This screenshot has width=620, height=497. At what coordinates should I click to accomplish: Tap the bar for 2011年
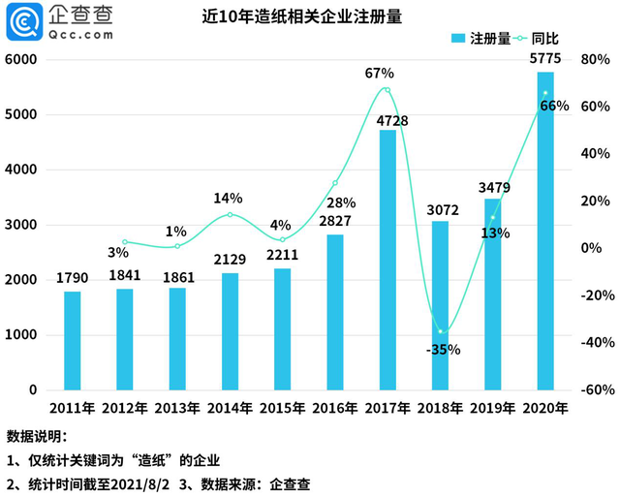73,340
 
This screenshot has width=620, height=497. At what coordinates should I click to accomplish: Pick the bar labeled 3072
440,305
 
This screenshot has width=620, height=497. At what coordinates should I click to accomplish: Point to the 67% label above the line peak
380,73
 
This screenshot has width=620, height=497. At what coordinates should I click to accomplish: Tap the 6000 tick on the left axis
20,59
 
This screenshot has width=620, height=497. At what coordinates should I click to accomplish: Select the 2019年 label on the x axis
492,408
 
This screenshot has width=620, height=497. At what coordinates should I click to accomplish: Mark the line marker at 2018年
440,331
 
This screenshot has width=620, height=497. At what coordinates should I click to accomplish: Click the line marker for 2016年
335,182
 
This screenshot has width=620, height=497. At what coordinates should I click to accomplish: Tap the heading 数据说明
37,435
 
